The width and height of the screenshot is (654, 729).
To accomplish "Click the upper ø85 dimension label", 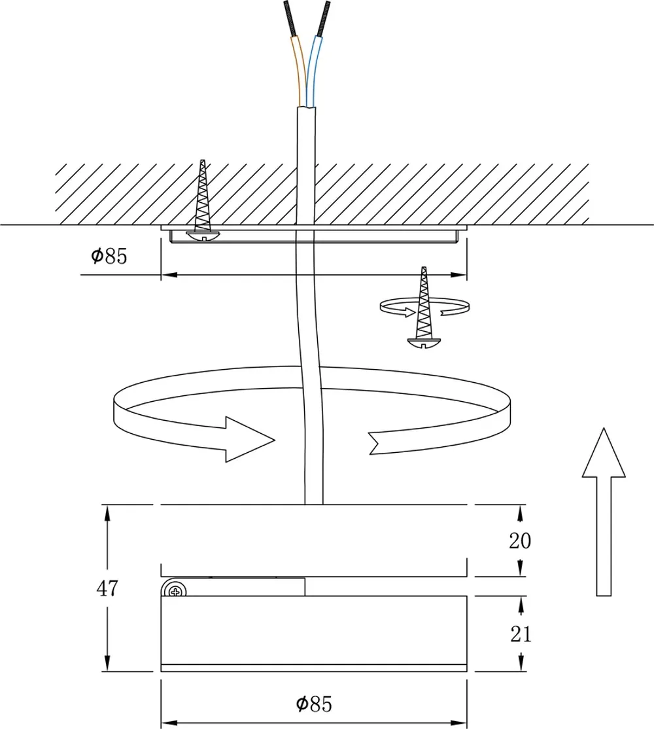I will (x=109, y=256).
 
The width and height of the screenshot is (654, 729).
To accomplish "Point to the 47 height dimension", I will (x=107, y=588).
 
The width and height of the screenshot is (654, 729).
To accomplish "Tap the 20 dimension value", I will (x=520, y=541).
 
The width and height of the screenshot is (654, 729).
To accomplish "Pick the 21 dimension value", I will (x=520, y=633).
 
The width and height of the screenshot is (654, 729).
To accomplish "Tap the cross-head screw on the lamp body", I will (x=175, y=591).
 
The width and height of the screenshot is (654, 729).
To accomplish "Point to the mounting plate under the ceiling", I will (x=314, y=235).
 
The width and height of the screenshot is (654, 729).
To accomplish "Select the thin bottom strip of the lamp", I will (x=314, y=667).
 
